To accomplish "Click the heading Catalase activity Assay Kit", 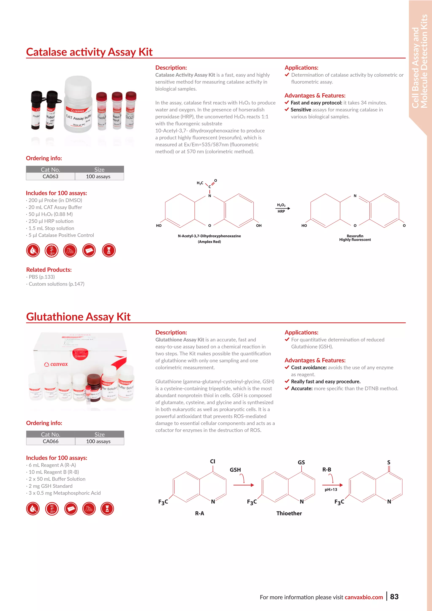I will [x=89, y=52].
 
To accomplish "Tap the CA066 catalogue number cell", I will [x=51, y=441].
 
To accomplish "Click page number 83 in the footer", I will [x=394, y=597].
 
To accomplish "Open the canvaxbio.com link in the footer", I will [x=364, y=597].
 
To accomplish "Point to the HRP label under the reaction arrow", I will [x=281, y=211].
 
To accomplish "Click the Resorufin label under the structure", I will [x=355, y=236].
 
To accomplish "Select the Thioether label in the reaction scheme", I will [x=289, y=513].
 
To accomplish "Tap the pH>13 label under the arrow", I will [x=331, y=489].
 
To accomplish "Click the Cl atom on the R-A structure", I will [x=213, y=461].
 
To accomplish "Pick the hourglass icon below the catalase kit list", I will [x=109, y=250].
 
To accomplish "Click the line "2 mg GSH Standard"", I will [x=51, y=486].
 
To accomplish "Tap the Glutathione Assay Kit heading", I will [x=78, y=317].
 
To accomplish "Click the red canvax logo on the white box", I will [x=56, y=364].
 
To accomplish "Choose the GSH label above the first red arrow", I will [x=235, y=470].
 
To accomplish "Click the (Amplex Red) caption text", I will [x=209, y=242].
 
